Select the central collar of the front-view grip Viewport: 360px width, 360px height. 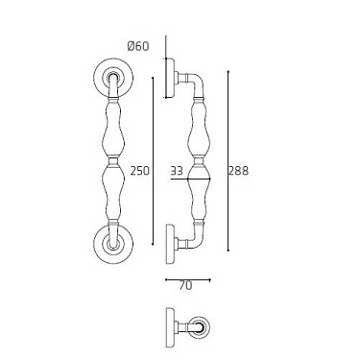point(112,160)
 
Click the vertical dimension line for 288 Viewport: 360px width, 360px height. point(228,159)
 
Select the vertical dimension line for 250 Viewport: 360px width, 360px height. point(155,159)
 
